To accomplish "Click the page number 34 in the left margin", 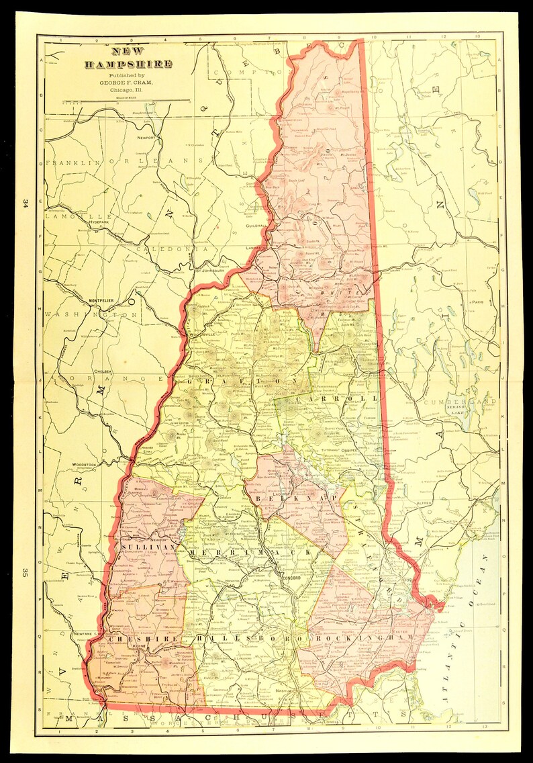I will pos(25,203).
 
